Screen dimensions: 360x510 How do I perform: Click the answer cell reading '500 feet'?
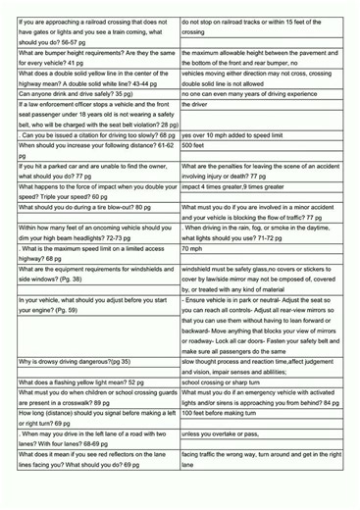coord(193,145)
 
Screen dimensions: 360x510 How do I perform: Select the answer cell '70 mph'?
coord(192,248)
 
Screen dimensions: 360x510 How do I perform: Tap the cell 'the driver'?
coord(195,104)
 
